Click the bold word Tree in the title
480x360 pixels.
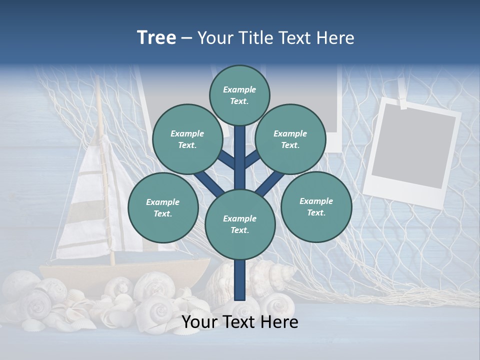[156, 37]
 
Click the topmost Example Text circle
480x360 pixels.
[239, 95]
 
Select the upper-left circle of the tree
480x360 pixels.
[187, 139]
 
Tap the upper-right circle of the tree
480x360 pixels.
[290, 139]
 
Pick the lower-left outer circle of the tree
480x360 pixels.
[162, 207]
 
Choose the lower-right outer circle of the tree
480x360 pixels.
[316, 206]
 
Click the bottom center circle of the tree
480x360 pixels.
[239, 224]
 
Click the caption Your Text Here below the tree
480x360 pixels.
[240, 322]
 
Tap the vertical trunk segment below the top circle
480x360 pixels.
[240, 150]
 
